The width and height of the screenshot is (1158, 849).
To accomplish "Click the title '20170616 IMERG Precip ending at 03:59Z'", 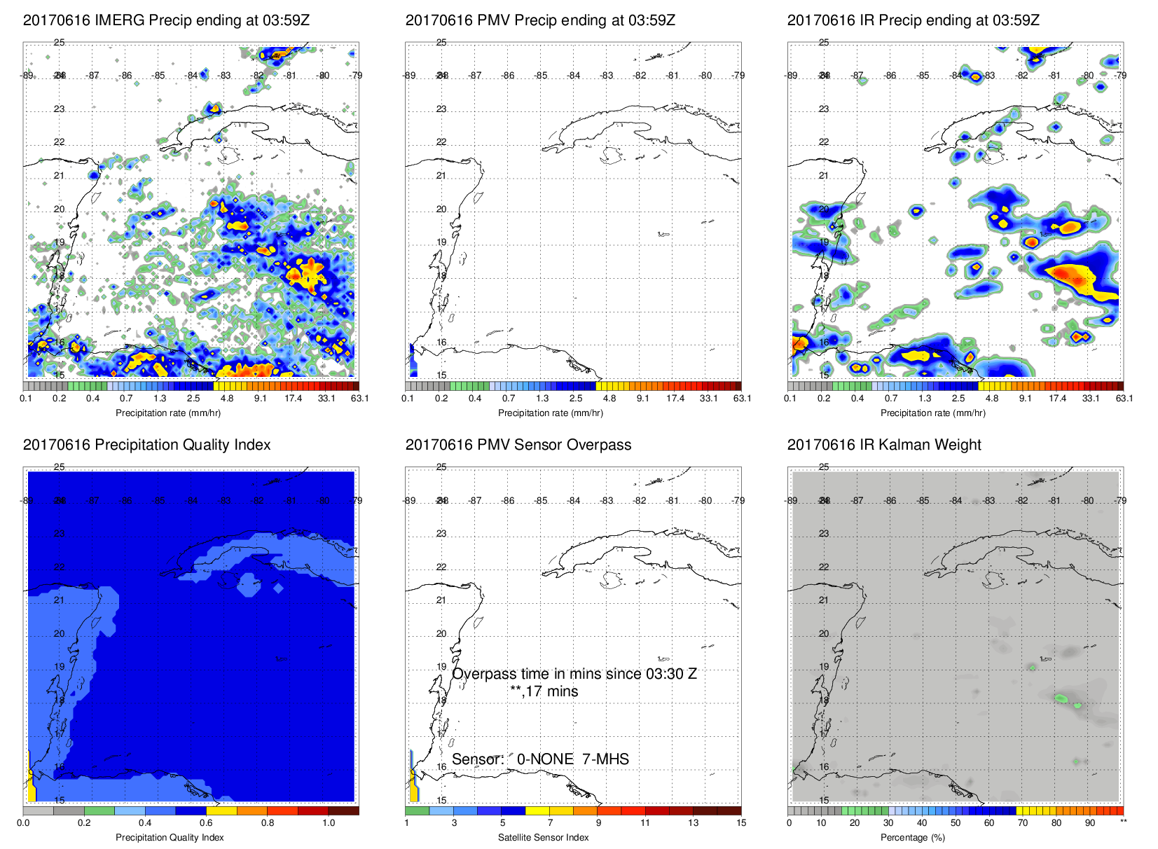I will [x=166, y=20].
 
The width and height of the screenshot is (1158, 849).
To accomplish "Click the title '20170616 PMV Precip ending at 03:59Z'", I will [x=540, y=20].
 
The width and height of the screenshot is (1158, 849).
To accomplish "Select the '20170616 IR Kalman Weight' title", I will [x=884, y=445].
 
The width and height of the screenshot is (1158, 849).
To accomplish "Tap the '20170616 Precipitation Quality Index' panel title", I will [x=146, y=445].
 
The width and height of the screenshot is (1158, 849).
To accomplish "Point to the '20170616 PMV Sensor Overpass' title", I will [x=518, y=445].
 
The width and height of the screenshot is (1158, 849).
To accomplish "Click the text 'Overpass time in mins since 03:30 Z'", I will [x=574, y=674].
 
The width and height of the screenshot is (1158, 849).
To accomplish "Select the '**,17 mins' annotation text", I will [x=544, y=691].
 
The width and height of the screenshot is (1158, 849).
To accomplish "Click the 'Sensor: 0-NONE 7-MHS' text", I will [x=540, y=759].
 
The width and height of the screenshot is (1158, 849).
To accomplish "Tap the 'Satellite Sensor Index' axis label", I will [x=543, y=838].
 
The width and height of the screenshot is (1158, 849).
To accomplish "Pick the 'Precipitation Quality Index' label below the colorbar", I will [x=170, y=838].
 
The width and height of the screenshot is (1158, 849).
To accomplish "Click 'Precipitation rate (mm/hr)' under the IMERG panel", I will [x=168, y=413].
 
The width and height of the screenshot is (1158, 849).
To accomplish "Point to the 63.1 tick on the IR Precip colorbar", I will [x=1124, y=399].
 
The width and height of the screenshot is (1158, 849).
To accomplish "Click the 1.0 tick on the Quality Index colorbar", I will [x=329, y=823].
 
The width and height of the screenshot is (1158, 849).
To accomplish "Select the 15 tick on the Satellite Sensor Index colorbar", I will [x=741, y=823].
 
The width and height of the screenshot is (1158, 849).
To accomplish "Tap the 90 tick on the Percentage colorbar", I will [x=1090, y=823].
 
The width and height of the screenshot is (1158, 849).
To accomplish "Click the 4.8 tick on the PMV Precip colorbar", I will [x=609, y=399].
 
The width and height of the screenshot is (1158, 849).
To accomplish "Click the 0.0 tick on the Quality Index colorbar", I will [x=23, y=823].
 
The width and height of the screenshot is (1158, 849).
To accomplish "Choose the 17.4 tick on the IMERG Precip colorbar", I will [x=293, y=399].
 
